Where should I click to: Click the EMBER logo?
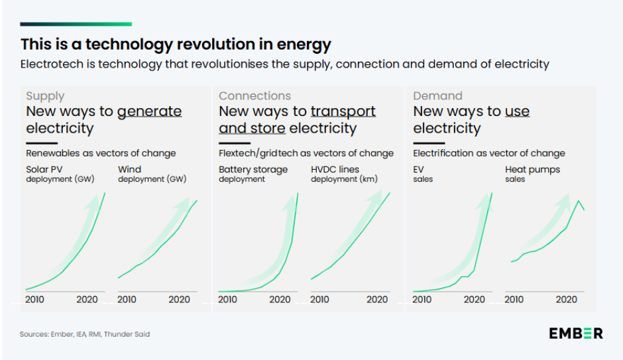click(x=575, y=333)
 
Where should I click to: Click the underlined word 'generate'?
click(x=149, y=111)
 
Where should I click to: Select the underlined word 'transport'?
click(x=343, y=111)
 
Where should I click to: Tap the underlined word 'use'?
click(x=517, y=111)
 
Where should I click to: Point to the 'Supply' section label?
click(x=45, y=96)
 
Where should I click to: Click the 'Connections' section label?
click(x=255, y=96)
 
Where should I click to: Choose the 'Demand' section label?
click(x=437, y=96)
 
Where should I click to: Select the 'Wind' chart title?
click(x=129, y=170)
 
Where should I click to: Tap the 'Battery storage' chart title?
click(x=253, y=170)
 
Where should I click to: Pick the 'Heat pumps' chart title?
click(x=532, y=170)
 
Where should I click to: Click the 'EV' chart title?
click(x=419, y=170)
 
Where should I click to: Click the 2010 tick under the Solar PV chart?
click(x=34, y=300)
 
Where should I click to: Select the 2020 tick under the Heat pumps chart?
click(x=566, y=300)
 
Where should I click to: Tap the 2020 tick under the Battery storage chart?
click(x=280, y=300)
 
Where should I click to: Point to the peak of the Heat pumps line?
click(x=578, y=200)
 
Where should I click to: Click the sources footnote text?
click(x=85, y=334)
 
